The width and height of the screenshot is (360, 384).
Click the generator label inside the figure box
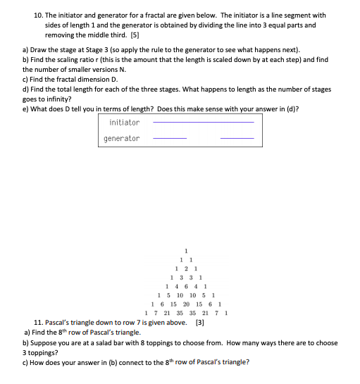coord(122,138)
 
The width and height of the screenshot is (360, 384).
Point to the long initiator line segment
coord(203,123)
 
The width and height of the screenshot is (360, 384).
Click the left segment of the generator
coord(170,139)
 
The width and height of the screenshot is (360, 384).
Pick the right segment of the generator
coord(237,139)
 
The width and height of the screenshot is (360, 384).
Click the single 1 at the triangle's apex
coord(185,251)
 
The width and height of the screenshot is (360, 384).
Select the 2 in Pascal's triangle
coord(185,268)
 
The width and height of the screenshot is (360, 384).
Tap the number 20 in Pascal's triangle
coord(186,304)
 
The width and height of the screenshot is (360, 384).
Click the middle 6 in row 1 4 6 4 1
coord(185,286)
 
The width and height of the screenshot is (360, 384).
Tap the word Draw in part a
coord(38,51)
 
